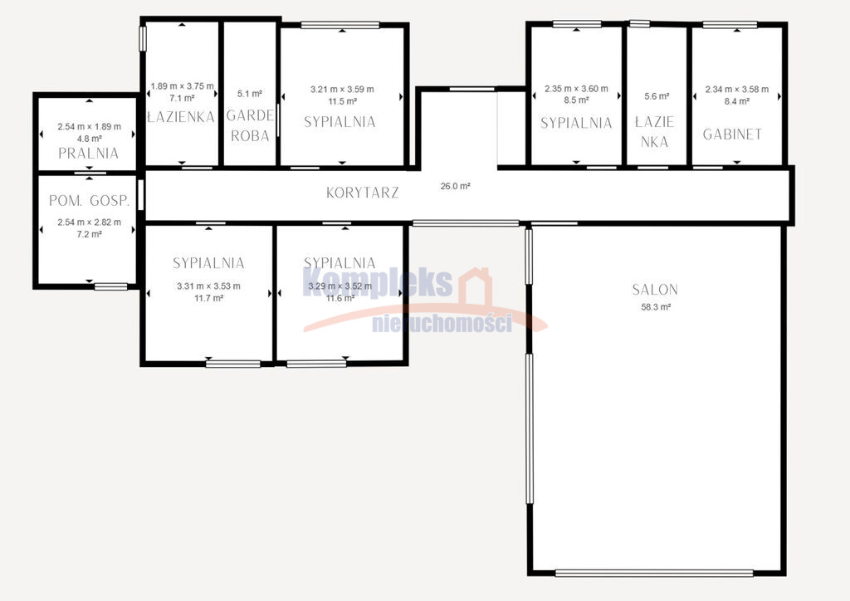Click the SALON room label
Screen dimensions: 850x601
point(655,290)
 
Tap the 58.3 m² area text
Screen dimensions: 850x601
point(656,307)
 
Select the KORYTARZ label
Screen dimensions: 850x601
point(362,193)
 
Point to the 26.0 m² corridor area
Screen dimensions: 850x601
point(455,186)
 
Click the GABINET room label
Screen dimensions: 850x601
point(732,134)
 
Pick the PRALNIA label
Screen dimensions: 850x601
point(88,153)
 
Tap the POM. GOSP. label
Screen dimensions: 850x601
point(90,201)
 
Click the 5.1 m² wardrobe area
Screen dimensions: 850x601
point(249,94)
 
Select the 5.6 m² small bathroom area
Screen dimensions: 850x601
point(657,96)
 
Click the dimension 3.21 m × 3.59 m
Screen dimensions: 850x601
point(342,90)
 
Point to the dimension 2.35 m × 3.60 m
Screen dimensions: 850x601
point(576,88)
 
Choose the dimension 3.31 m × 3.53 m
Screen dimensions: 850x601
point(208,286)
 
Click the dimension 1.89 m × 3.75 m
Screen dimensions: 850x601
point(182,86)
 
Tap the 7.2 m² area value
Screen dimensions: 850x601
point(90,234)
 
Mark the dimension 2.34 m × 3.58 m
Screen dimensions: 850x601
point(737,90)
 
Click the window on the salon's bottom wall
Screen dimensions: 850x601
point(654,573)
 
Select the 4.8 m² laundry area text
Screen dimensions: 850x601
point(90,139)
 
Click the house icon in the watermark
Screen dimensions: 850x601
point(475,286)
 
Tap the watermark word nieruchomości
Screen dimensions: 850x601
point(442,324)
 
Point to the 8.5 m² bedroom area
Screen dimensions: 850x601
point(576,100)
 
